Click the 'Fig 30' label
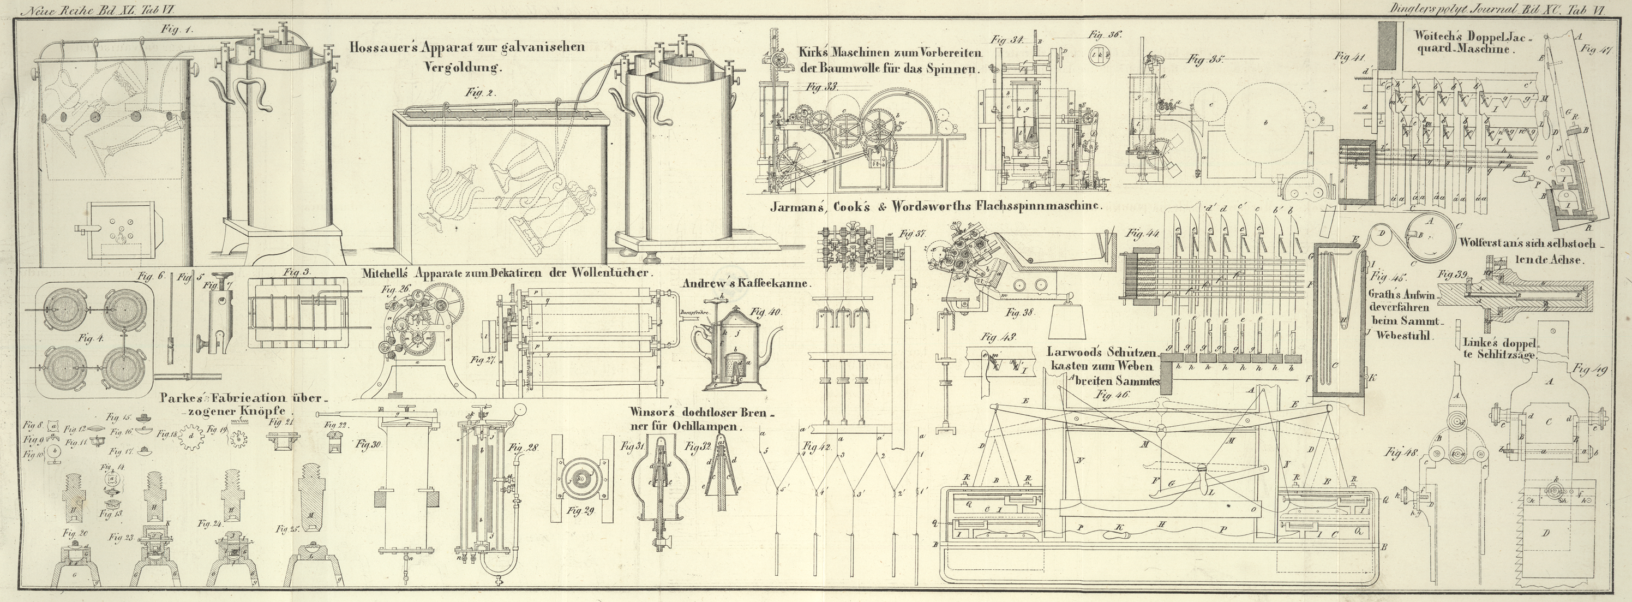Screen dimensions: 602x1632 [x=370, y=444]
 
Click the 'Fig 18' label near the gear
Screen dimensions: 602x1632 [x=168, y=434]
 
